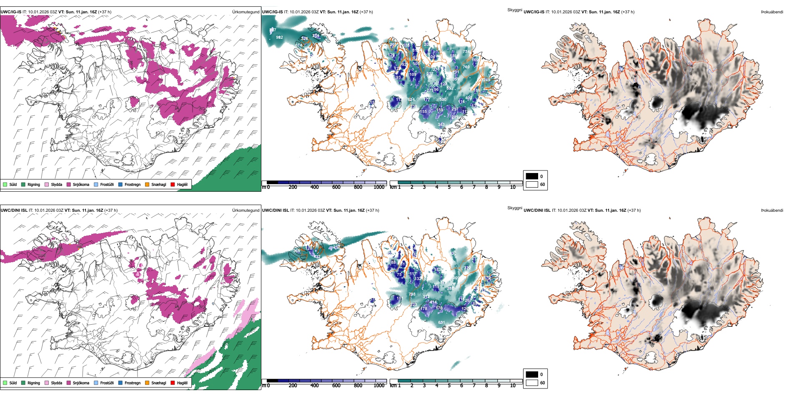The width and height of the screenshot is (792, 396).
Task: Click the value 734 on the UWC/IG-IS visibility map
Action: (x=466, y=52)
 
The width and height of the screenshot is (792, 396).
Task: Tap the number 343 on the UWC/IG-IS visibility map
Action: (x=441, y=125)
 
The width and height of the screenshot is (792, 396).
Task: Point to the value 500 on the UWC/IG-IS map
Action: (x=443, y=100)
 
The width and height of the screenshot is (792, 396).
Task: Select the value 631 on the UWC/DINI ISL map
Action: (x=441, y=323)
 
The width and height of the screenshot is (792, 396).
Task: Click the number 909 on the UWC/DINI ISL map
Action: (x=456, y=278)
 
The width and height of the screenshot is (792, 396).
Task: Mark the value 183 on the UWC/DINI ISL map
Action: (x=437, y=270)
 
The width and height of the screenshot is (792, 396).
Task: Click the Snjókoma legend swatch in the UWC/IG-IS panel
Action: (x=69, y=185)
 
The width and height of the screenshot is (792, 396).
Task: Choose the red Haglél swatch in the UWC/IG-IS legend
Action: (x=173, y=185)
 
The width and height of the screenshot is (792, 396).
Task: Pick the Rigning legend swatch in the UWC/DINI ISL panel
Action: (x=23, y=383)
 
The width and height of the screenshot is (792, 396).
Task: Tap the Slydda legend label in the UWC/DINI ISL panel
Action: (x=57, y=383)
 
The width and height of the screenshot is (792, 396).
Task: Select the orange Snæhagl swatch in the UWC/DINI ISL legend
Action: (x=147, y=383)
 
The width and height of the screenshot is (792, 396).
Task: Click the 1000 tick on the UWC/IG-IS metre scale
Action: (x=379, y=187)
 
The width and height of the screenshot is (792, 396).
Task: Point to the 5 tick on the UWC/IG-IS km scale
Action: (x=449, y=187)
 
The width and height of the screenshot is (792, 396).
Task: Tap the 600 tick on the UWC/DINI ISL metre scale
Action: (x=336, y=386)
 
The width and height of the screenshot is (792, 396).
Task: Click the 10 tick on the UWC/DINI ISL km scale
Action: (x=513, y=386)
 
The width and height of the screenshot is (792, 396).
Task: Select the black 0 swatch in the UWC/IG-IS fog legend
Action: (x=531, y=176)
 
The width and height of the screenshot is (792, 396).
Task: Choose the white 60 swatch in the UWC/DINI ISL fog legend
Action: (x=531, y=383)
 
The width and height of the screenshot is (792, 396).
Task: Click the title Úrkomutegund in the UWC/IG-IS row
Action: (x=246, y=12)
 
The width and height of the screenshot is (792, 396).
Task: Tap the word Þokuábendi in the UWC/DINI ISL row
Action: (x=772, y=211)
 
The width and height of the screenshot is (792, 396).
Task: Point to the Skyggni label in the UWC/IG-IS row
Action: (x=514, y=10)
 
